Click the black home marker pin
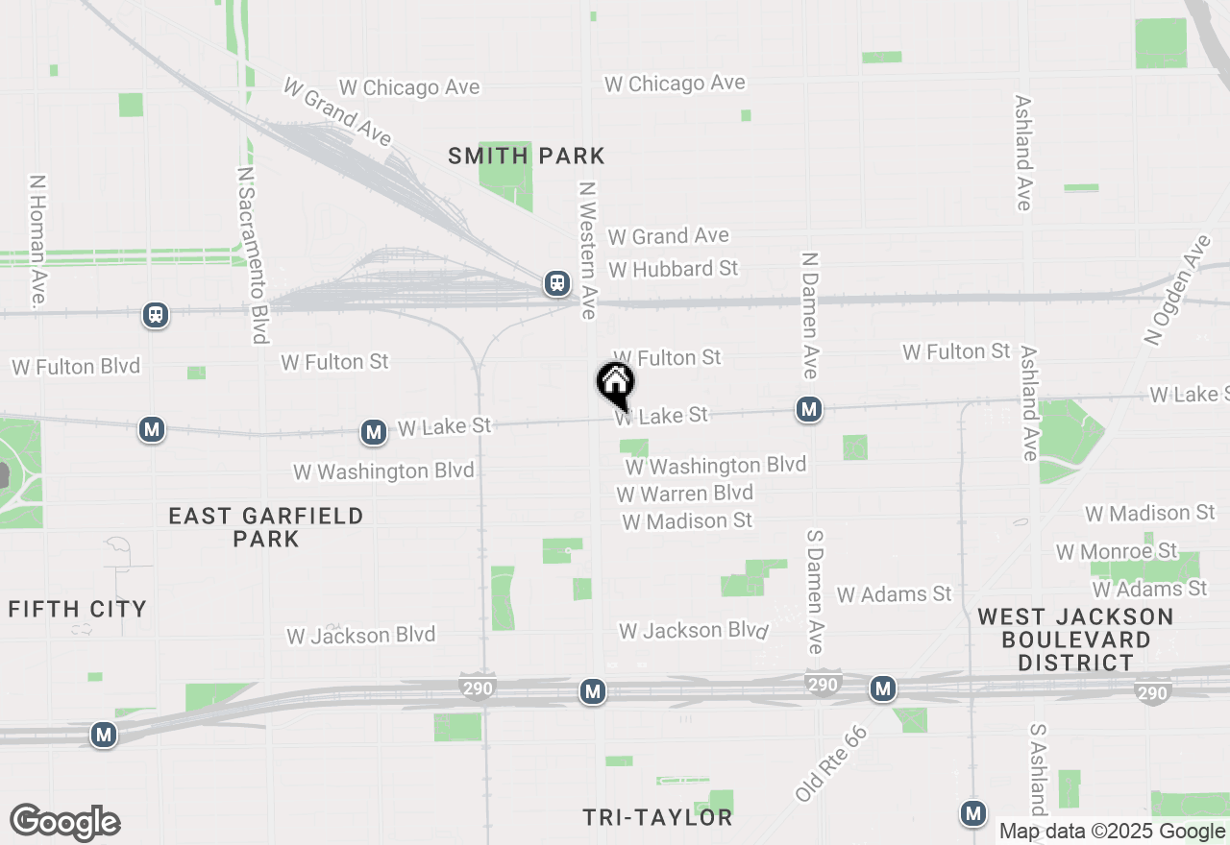[x=616, y=383]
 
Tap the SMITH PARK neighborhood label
[x=527, y=156]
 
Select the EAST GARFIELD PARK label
[x=266, y=527]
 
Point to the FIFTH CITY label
[x=78, y=609]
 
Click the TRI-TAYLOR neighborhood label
[x=658, y=818]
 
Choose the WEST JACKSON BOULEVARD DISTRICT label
[x=1076, y=640]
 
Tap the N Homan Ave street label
[x=37, y=240]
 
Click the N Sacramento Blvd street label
[x=251, y=254]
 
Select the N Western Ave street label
[x=587, y=250]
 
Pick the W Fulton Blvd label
[x=76, y=367]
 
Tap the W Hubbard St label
[x=673, y=269]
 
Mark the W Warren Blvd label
[x=684, y=494]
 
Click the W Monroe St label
[x=1117, y=551]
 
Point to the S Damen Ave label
[x=816, y=591]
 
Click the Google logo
[x=64, y=823]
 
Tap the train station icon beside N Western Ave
[x=556, y=283]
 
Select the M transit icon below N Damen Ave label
[x=809, y=410]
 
